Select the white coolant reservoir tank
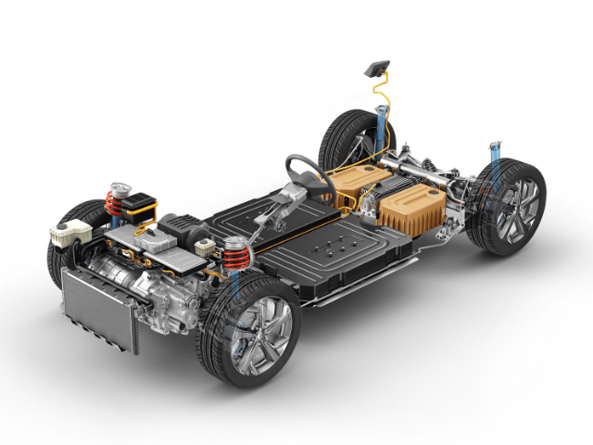68,235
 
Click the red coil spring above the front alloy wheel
233,253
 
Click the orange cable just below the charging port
377,93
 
